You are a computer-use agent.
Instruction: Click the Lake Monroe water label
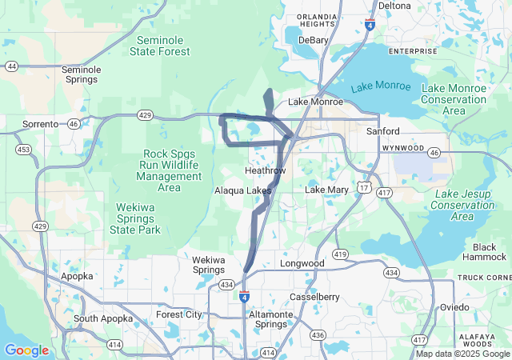click(x=380, y=86)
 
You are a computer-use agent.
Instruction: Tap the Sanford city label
click(x=382, y=130)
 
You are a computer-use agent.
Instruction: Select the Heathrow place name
click(x=265, y=170)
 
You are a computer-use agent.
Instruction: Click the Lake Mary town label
click(x=326, y=190)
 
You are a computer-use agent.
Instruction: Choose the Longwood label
click(x=302, y=263)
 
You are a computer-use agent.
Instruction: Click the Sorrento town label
click(x=40, y=124)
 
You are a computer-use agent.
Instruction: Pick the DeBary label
click(x=314, y=39)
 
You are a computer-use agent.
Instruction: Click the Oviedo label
click(x=454, y=307)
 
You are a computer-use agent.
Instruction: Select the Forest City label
click(x=179, y=314)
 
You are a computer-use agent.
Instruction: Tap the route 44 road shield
click(x=11, y=66)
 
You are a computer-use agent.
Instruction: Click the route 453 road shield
click(x=23, y=150)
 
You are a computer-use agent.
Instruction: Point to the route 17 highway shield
click(x=363, y=187)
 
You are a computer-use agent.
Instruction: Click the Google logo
click(x=26, y=350)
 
